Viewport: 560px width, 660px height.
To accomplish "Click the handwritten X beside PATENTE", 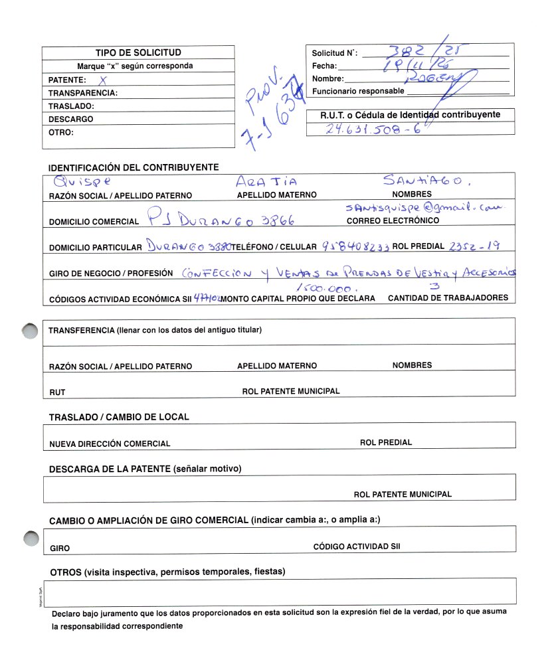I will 102,79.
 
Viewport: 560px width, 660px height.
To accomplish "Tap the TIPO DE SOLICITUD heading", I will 138,52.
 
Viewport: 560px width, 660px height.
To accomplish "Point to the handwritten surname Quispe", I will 83,180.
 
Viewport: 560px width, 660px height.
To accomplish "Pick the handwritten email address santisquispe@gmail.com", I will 425,207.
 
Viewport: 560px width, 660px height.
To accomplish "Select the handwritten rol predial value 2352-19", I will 474,246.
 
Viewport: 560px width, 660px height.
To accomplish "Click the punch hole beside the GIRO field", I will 30,539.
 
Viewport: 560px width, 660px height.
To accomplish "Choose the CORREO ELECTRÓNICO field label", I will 393,220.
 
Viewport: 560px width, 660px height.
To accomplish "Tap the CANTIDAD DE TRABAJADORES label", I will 448,298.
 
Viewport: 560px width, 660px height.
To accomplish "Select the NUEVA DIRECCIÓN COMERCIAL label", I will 110,444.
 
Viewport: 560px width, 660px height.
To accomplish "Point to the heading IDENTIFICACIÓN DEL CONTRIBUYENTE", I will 134,167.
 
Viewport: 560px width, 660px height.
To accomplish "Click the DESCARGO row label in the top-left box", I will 71,120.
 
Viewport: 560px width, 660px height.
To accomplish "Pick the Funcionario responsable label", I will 358,91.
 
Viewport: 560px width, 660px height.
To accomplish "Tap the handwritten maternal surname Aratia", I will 266,181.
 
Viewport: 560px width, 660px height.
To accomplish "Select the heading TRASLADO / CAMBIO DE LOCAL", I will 119,417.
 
